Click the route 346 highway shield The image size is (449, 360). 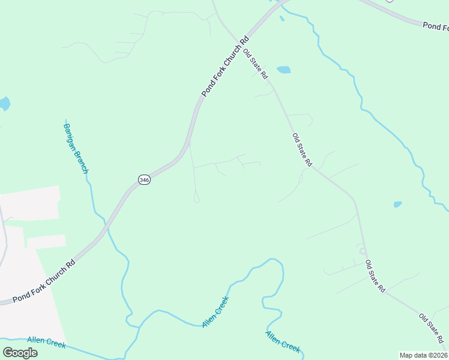pos(143,179)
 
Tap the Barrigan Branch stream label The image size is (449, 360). pos(76,146)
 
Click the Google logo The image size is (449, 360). pos(20,352)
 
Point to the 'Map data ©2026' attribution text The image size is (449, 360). pos(423,355)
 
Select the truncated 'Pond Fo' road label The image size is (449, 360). pos(435,26)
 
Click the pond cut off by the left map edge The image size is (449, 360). pos(4,104)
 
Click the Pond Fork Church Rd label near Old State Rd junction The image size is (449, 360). pos(225,67)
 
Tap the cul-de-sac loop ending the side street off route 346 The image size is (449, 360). pos(196,198)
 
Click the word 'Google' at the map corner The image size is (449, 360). pos(20,352)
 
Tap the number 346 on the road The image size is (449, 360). pos(143,179)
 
